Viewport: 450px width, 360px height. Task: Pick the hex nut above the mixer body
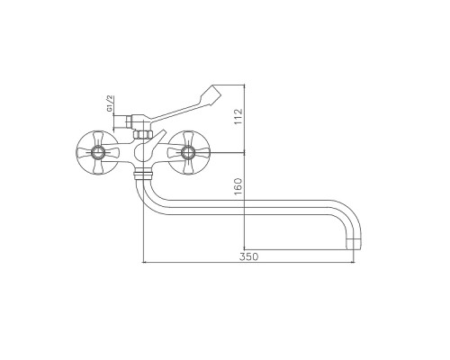click(143, 131)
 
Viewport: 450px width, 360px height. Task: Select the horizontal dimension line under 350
click(248, 264)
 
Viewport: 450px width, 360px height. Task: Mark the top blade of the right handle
click(190, 138)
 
